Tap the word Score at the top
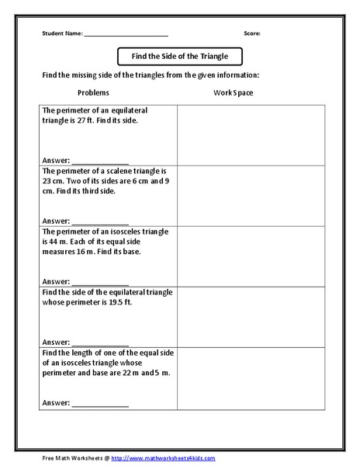tap(252, 34)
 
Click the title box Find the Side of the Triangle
tap(179, 57)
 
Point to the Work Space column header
tap(234, 93)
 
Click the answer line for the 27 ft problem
tap(100, 161)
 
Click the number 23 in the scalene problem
tap(48, 181)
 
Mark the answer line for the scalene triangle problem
tap(100, 221)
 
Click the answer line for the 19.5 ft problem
tap(100, 342)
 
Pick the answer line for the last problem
tap(100, 403)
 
